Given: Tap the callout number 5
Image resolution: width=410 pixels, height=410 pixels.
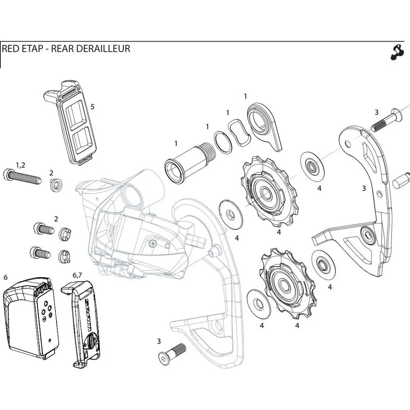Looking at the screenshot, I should tap(92, 107).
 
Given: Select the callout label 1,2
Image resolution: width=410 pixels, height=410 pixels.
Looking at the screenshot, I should tap(20, 165).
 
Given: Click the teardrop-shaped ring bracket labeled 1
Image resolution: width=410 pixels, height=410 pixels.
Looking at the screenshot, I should tap(264, 125).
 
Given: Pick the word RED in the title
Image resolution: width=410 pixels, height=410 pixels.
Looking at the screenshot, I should tap(10, 49).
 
